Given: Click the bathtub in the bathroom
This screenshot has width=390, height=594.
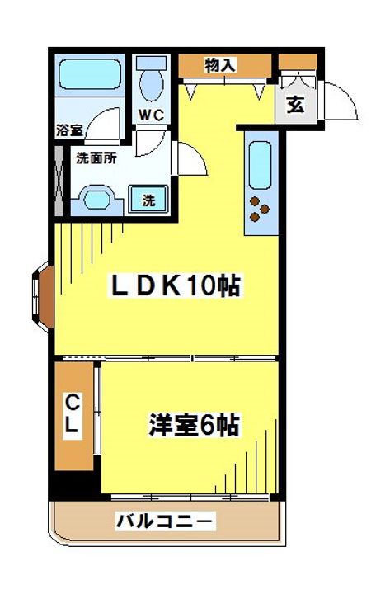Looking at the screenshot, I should pos(90,78).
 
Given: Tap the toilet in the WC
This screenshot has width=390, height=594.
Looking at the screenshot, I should pos(151,82).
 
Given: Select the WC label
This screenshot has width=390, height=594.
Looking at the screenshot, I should pos(150,115).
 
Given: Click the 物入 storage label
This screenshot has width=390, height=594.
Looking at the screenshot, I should pos(221,64).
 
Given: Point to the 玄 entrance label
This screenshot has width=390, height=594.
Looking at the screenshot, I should pos(294,105).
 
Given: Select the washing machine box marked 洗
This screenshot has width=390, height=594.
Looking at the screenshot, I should pos(149,199).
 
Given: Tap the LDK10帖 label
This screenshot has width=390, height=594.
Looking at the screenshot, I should pos(176,286).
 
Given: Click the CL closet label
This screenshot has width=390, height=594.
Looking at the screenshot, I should pos(73,414).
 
